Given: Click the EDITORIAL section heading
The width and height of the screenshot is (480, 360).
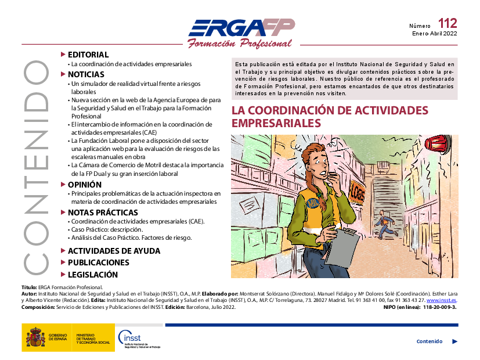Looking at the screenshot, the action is (88, 55).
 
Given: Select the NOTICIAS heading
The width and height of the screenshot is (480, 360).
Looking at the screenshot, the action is (86, 74).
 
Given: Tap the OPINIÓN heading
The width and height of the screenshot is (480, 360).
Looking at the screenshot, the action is (85, 185).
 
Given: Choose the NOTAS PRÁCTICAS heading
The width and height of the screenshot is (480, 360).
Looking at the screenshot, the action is (103, 213).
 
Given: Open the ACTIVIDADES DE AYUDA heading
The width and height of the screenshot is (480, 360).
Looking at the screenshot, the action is (114, 251).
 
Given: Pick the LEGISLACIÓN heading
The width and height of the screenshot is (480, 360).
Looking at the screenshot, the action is (92, 275).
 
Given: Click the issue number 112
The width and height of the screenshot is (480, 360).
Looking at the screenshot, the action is (447, 24).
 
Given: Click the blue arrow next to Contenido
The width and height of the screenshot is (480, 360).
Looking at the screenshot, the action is (454, 341).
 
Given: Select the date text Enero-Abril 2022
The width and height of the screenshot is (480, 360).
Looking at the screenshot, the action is (434, 34).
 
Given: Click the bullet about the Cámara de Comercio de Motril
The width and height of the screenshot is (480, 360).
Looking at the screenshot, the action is (145, 170).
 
